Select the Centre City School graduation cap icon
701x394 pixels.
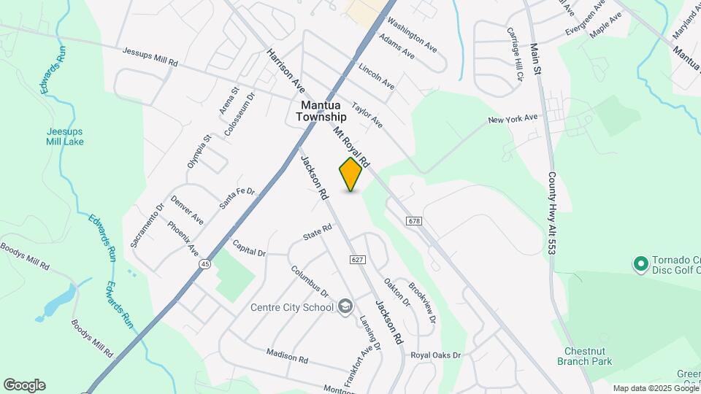[x=345, y=306]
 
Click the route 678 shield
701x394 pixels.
[x=414, y=220]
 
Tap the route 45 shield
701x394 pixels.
[x=207, y=266]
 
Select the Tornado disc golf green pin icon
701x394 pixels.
[x=641, y=263]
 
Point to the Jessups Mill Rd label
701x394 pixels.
[x=150, y=58]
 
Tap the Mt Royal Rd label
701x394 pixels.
[x=353, y=147]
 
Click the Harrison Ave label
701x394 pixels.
[x=285, y=71]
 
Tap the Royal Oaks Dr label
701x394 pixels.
[x=436, y=355]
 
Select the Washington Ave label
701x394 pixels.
[x=412, y=34]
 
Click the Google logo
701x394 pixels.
[x=24, y=385]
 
